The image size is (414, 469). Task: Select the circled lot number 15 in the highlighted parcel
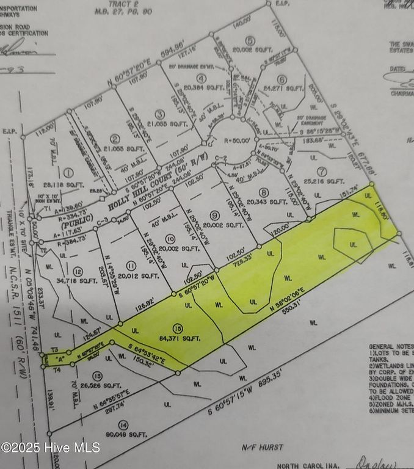coord(177,327)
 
